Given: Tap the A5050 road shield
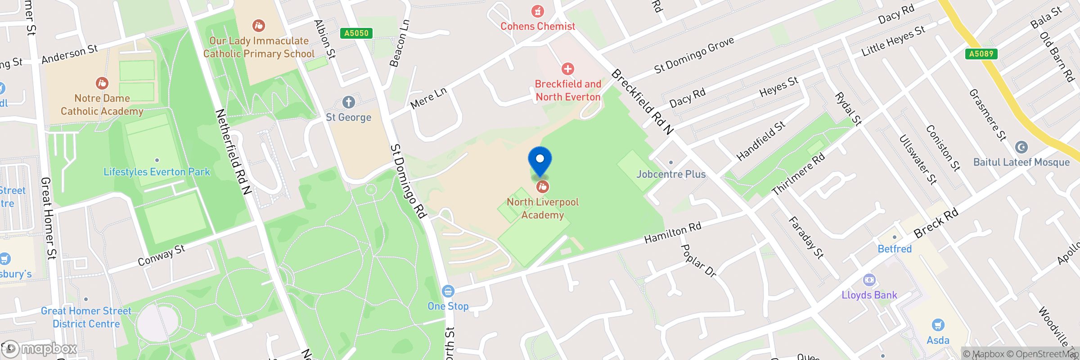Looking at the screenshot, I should point(356,33).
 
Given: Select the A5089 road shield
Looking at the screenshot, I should point(981,54).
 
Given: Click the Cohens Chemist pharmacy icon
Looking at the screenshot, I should point(537,11).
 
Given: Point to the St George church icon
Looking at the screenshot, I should point(348,102).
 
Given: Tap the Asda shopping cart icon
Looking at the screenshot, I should point(938,324).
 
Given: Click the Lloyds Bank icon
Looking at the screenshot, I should point(869,280).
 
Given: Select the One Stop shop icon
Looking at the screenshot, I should point(448,291).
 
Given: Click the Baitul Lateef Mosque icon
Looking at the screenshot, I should point(1021,147).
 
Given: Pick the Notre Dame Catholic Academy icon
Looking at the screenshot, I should point(102,83).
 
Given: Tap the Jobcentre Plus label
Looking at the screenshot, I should point(671,174).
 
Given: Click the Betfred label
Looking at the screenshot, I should point(895,249).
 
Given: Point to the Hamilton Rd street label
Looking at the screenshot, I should point(673,232).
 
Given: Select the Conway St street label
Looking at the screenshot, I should point(161,255).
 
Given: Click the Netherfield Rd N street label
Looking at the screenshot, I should point(233,152).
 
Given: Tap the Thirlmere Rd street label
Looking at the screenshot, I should point(798,174).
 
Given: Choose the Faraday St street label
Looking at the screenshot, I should point(806,238).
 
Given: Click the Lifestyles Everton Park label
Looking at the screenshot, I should point(157,172).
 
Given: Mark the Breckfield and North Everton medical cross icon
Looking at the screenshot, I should point(568,69).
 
